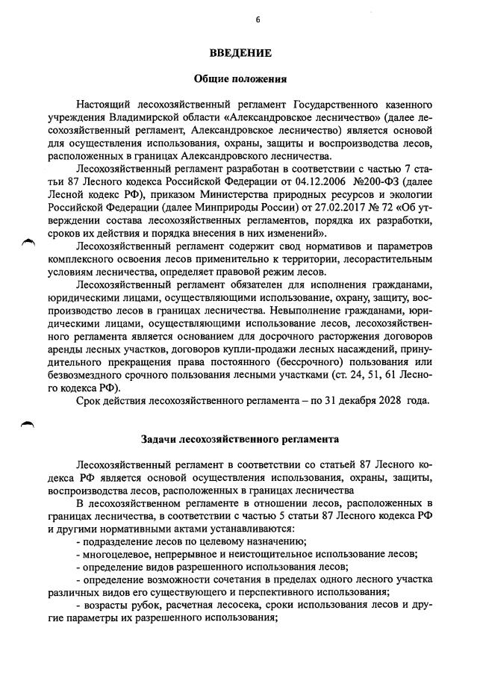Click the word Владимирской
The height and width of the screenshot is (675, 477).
137,116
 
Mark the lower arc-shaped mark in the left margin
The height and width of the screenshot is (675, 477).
29,423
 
